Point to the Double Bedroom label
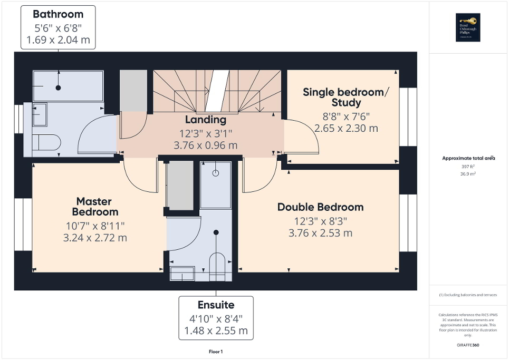(x=320, y=207)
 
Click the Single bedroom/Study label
(x=345, y=97)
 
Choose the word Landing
(x=205, y=120)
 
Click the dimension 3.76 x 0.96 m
(x=205, y=145)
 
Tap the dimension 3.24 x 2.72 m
(x=95, y=238)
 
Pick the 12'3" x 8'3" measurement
(x=320, y=221)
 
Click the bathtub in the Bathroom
(x=68, y=86)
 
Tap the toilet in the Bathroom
(x=46, y=142)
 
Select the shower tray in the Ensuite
(x=216, y=184)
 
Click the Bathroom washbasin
(x=40, y=114)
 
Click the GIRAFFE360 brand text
(x=468, y=345)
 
